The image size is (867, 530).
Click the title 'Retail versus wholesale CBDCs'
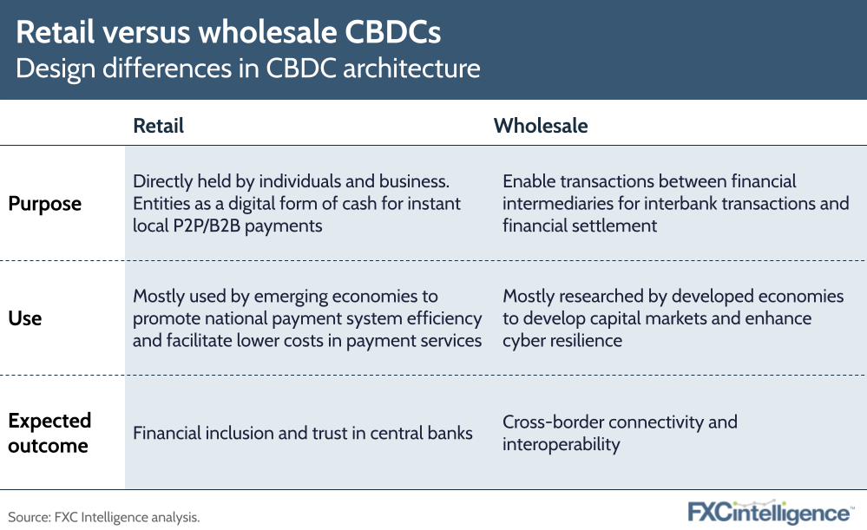click(228, 32)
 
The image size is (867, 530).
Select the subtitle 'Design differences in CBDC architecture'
click(247, 69)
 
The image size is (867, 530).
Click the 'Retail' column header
click(159, 126)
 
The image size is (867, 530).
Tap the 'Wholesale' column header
click(541, 126)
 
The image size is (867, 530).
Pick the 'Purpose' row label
click(45, 204)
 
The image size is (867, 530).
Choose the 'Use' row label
click(25, 318)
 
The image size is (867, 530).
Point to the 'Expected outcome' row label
click(49, 433)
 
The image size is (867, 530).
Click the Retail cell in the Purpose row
click(297, 204)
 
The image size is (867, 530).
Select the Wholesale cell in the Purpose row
click(675, 204)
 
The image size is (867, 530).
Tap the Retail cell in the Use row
click(307, 318)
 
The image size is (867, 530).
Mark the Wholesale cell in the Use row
click(673, 318)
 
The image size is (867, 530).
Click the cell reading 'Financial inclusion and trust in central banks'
click(303, 432)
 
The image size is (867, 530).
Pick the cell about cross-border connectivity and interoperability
click(620, 433)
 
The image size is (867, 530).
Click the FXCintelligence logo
click(769, 512)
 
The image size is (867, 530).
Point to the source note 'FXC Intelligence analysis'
click(104, 517)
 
